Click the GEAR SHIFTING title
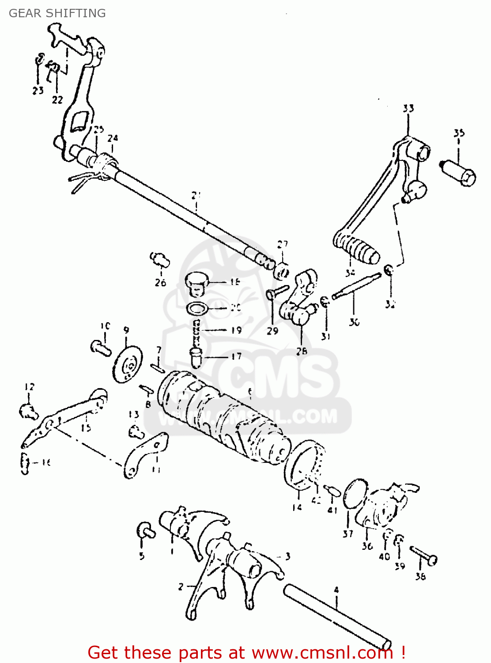click(x=57, y=13)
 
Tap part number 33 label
click(x=408, y=108)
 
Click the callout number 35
click(x=459, y=133)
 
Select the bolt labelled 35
click(x=459, y=173)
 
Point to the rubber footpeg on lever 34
click(x=357, y=250)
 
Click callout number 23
click(x=38, y=90)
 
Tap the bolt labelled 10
click(x=101, y=348)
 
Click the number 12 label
click(x=29, y=387)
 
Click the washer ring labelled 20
click(x=198, y=308)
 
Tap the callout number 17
click(x=237, y=356)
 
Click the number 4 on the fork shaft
click(x=336, y=590)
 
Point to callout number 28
click(x=302, y=351)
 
